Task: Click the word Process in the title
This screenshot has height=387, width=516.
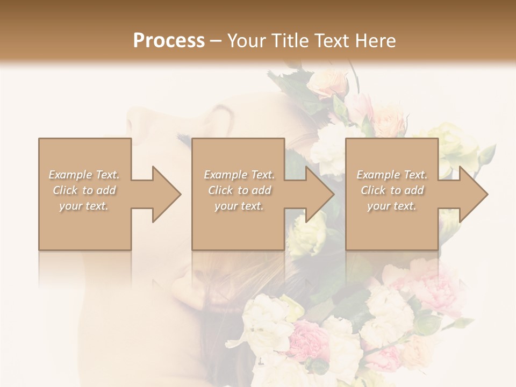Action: [x=169, y=41]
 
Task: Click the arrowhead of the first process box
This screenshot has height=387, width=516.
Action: [x=166, y=194]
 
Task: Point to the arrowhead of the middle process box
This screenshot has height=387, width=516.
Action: [x=319, y=194]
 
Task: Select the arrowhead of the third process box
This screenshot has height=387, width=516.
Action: [x=473, y=194]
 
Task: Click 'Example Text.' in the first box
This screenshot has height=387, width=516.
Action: [x=84, y=175]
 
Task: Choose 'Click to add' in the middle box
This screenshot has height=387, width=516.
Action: [x=239, y=190]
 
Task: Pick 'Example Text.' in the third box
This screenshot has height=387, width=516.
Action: [x=392, y=175]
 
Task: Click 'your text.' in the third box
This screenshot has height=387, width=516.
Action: [x=392, y=206]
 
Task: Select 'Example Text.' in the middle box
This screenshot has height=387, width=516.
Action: [x=239, y=175]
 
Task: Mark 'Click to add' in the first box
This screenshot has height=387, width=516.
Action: [x=84, y=190]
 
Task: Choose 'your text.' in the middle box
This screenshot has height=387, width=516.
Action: [x=239, y=206]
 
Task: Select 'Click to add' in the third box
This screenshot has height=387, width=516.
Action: [x=392, y=190]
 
